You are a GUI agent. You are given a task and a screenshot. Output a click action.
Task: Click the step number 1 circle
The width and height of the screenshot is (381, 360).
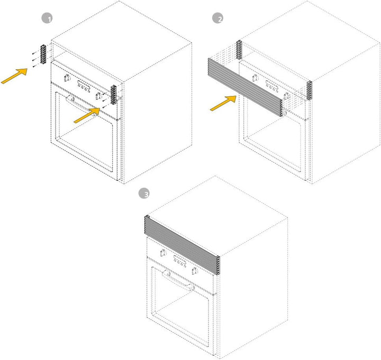coord(47,19)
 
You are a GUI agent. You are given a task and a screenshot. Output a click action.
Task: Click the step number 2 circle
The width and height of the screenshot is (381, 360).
coord(217,18)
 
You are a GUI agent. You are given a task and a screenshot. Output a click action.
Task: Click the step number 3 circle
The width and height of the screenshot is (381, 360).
coord(144,194)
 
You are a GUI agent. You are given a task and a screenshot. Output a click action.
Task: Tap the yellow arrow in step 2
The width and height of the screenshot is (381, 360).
coord(223,103)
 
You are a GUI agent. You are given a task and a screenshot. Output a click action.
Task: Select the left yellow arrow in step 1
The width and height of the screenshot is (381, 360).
coord(14,76)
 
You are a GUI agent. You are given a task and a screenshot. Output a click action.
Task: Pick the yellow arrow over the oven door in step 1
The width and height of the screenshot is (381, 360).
coord(87,116)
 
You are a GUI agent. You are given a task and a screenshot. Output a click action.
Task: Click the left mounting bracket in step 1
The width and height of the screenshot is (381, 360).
coord(43,54)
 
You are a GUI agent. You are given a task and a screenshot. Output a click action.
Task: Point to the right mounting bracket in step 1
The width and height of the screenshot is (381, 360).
coord(113,95)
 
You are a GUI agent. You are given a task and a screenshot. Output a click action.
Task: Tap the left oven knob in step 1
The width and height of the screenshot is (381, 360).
coord(66,78)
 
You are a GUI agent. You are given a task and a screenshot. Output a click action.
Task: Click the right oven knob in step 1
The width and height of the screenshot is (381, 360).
coord(98,96)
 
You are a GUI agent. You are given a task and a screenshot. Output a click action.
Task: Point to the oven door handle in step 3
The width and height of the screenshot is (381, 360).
coord(178,281)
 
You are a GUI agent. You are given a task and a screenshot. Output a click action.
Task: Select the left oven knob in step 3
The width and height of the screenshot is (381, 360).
coord(163,253)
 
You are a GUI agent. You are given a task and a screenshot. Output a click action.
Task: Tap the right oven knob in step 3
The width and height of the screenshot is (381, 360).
coord(195,271)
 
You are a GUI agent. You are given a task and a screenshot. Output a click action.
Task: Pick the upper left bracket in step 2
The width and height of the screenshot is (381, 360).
coord(239,50)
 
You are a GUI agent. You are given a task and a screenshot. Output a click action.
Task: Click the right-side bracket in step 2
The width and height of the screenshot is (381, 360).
coord(309,90)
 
